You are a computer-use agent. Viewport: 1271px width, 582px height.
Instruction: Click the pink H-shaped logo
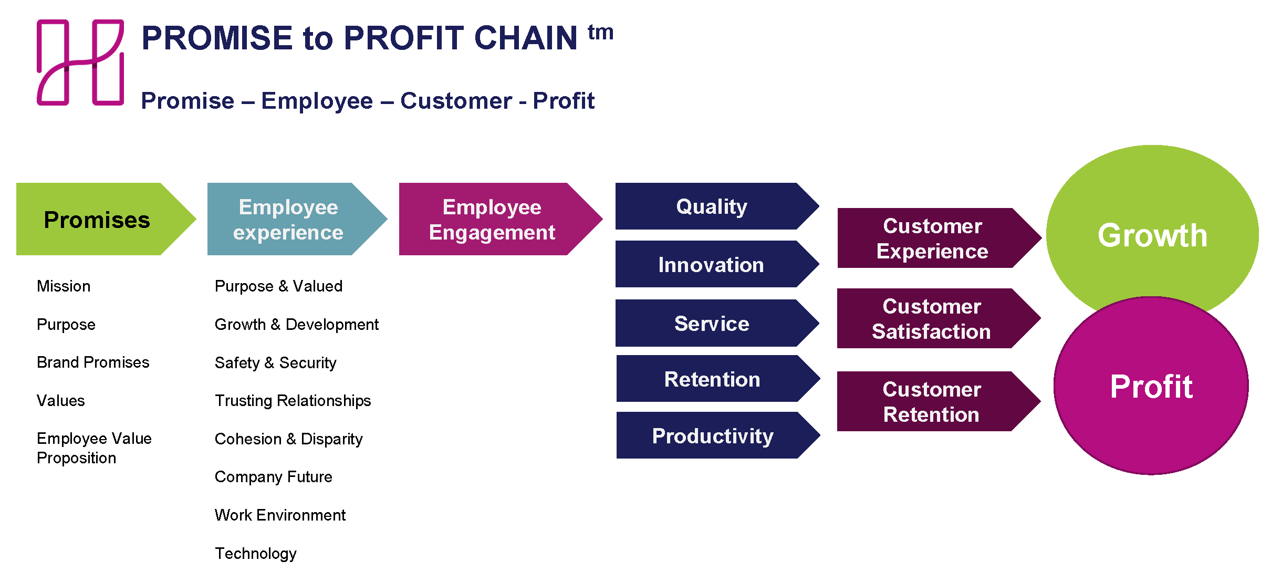[x=80, y=63]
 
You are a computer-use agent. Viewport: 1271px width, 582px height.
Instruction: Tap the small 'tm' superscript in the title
[x=600, y=33]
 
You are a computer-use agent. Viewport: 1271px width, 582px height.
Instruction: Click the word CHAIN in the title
[x=526, y=38]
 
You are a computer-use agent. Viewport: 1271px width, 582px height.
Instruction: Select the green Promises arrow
[x=97, y=220]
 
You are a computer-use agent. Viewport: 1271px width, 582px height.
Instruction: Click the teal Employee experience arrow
[x=288, y=220]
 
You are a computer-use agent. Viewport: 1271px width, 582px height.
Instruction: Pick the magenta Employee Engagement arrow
[x=492, y=220]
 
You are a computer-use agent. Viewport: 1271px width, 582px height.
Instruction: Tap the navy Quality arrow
[x=712, y=206]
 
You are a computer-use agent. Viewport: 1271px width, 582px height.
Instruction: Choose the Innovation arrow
[x=712, y=265]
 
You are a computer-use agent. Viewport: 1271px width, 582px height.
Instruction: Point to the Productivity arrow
[x=713, y=436]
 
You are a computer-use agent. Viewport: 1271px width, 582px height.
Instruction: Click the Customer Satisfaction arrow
[x=931, y=319]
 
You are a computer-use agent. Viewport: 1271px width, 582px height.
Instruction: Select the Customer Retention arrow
[x=931, y=402]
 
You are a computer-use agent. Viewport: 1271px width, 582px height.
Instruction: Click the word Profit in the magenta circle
[x=1151, y=387]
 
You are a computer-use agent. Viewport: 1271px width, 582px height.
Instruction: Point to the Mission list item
[x=64, y=286]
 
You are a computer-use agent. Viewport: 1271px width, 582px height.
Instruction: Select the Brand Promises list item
[x=93, y=362]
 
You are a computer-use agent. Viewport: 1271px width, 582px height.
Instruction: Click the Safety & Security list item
[x=276, y=363]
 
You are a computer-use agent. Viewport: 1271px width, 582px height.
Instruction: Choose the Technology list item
[x=256, y=554]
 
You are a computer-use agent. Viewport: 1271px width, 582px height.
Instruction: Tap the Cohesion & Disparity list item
[x=289, y=439]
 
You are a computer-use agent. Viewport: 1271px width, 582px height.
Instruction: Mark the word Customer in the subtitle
[x=456, y=101]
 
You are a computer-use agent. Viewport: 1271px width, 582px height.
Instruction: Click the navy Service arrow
[x=712, y=324]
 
